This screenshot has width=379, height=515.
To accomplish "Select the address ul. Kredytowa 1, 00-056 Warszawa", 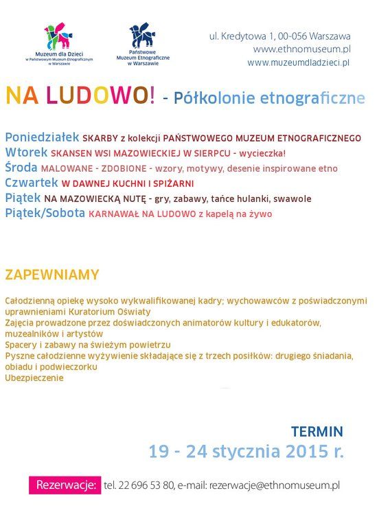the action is point(279,36).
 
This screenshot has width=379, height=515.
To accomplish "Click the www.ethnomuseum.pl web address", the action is point(301,49).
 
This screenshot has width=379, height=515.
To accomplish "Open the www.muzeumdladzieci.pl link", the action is point(299,62).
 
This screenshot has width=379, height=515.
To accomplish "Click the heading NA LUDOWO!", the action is point(80,96).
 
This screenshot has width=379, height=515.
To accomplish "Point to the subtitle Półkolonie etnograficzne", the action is point(269,98).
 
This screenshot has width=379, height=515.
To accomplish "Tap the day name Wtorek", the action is point(26,152).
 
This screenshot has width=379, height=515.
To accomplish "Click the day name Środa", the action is point(21,168).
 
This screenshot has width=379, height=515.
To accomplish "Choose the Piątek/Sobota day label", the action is point(45,213).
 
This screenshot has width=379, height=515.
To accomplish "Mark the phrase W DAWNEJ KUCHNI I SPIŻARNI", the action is point(128,183).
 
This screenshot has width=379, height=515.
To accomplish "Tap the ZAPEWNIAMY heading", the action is point(52,275).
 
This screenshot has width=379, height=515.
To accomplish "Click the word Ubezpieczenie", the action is point(34,377).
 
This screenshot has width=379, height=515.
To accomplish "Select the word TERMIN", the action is point(317,432).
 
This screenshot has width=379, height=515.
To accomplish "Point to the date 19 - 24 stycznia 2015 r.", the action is point(246,452).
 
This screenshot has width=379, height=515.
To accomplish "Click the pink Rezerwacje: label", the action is point(65,485).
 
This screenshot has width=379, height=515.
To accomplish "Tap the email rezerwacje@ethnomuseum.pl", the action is point(275,485).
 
